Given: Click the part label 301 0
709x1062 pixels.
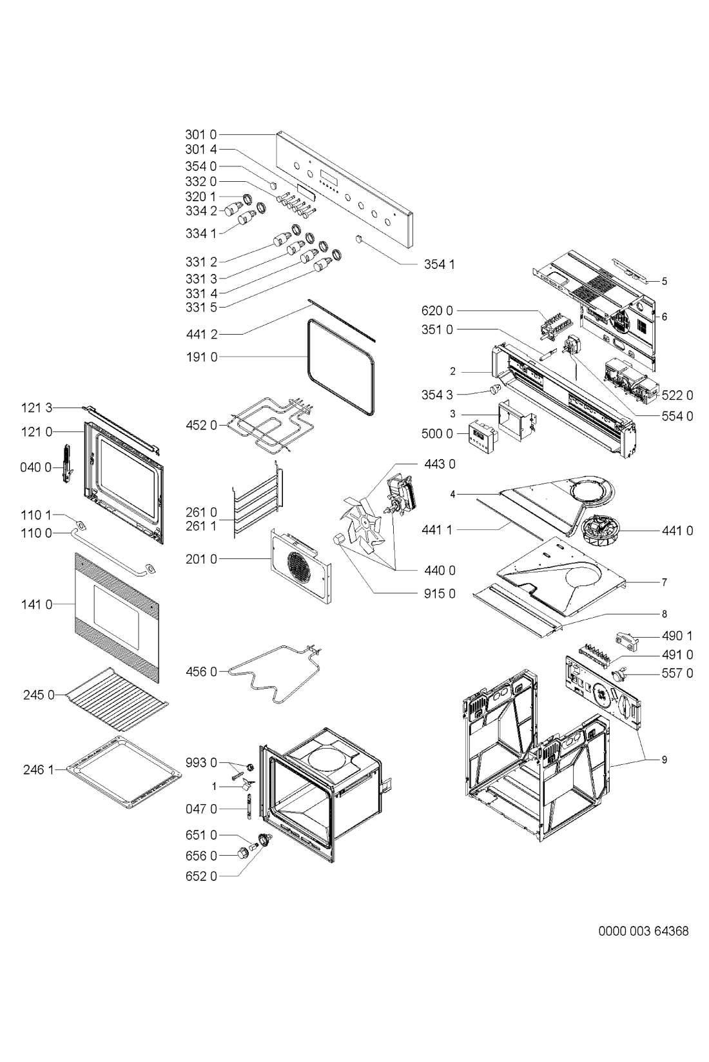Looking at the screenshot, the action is click(200, 135).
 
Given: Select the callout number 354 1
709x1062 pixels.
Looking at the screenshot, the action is click(440, 264).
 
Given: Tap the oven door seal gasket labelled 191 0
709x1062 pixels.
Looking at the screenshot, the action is click(341, 366).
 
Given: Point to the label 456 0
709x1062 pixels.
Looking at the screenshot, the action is click(201, 672).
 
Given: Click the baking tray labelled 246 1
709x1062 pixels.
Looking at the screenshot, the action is click(124, 772).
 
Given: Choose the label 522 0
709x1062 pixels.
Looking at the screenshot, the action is click(677, 395).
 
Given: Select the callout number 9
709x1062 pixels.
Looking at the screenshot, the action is click(664, 760).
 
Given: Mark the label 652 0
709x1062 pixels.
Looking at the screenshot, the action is click(201, 877).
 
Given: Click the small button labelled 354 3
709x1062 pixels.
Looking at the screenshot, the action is click(495, 390).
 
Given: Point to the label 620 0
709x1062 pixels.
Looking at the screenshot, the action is click(437, 311).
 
